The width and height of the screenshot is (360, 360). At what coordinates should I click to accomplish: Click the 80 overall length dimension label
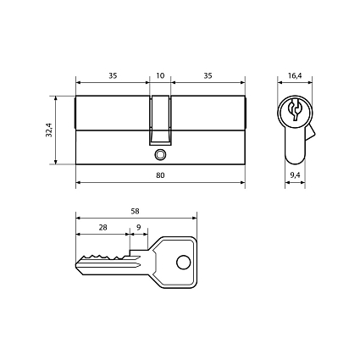click(160, 175)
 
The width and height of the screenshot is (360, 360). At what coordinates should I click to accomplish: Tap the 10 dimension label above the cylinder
click(160, 75)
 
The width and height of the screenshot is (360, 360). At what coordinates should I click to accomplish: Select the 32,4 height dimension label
click(49, 130)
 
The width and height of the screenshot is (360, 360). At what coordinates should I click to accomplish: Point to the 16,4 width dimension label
click(295, 75)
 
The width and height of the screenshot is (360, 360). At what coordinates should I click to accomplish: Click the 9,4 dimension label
click(295, 175)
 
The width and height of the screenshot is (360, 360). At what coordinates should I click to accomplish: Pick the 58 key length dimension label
click(136, 211)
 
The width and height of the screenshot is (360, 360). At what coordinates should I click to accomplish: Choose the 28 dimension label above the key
click(102, 227)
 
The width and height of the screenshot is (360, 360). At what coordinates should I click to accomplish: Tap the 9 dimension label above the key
click(139, 227)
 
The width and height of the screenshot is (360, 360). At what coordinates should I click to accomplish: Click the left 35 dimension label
click(113, 75)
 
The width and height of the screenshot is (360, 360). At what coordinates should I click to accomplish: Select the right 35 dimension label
click(208, 75)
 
